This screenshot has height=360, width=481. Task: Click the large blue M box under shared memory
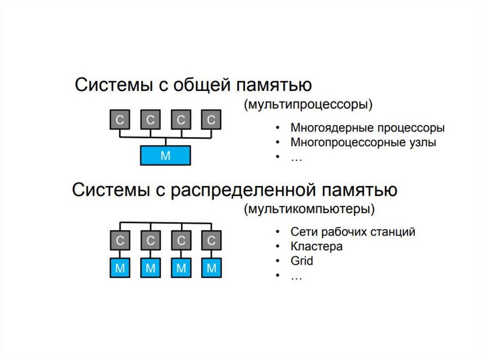point(165,155)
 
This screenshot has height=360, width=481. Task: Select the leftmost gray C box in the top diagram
point(120,120)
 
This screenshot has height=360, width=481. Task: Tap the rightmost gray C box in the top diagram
point(211,120)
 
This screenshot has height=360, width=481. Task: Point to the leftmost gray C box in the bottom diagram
point(120,241)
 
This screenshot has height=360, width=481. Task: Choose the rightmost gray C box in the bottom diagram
point(211,241)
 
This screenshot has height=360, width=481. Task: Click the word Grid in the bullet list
point(302,261)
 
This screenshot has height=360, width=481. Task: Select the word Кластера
point(316,246)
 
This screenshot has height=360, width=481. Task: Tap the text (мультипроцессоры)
point(308,104)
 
